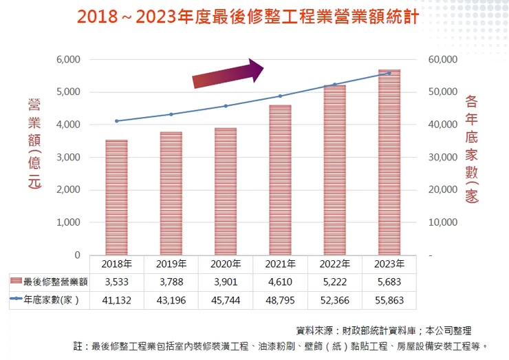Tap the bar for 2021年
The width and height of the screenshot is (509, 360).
[x=280, y=180]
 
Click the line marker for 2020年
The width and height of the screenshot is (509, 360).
[x=226, y=106]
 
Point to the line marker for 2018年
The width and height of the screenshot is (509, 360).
[x=116, y=121]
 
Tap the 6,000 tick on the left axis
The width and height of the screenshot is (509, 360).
[x=68, y=60]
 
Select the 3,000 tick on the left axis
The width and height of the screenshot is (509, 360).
[x=68, y=158]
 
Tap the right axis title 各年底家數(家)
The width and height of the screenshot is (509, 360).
[x=471, y=149]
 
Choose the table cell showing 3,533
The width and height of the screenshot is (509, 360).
[x=116, y=282]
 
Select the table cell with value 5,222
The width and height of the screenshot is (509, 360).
[x=335, y=282]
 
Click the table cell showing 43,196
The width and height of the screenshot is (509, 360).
[x=171, y=300]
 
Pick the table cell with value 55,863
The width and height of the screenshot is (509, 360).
[x=389, y=300]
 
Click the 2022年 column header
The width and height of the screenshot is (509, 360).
[x=335, y=264]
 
